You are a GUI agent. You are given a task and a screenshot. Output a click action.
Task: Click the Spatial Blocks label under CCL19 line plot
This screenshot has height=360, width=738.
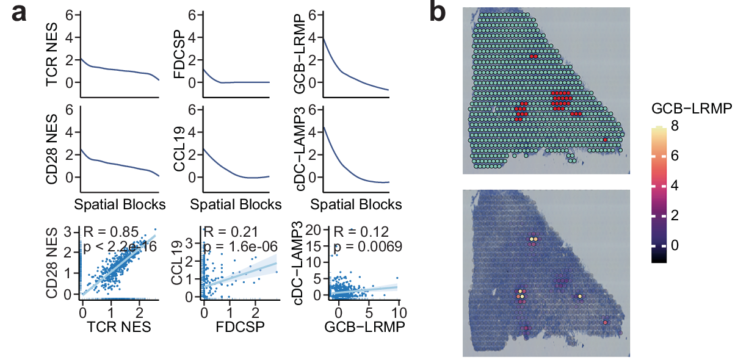coord(236,204)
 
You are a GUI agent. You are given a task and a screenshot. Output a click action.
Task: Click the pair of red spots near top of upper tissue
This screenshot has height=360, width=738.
coord(534,56)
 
